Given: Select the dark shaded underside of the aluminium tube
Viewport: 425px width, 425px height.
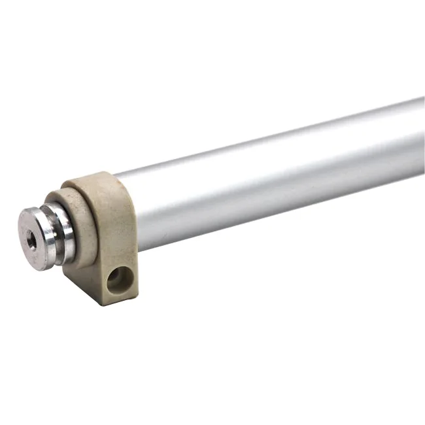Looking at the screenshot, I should [x=275, y=209].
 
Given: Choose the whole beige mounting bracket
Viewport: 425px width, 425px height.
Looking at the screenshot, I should [x=105, y=235].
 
